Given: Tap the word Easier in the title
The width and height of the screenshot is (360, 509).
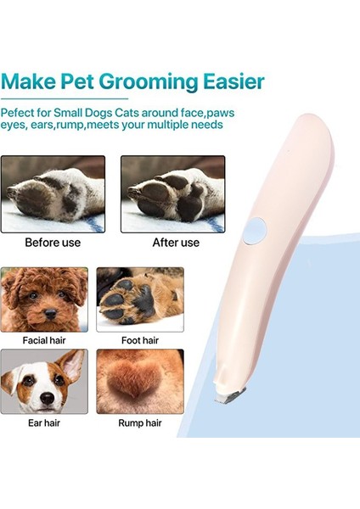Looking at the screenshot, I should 231,83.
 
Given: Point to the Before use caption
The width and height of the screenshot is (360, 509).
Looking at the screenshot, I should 53,243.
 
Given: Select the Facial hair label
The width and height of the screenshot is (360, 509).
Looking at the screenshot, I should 45,340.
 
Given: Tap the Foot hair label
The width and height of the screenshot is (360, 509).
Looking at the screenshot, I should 140,340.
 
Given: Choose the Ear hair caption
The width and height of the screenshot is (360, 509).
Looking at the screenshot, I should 45,422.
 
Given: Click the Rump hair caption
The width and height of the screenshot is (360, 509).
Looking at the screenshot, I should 140,422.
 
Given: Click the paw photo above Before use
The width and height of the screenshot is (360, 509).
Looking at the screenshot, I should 53,193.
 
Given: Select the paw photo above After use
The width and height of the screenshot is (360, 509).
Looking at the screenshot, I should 172,193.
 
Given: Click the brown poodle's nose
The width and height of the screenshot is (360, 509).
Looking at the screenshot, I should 50,312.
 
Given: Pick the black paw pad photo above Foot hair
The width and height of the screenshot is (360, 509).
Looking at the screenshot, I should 140,299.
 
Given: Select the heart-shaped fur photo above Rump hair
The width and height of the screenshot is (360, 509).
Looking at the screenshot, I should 140,382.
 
